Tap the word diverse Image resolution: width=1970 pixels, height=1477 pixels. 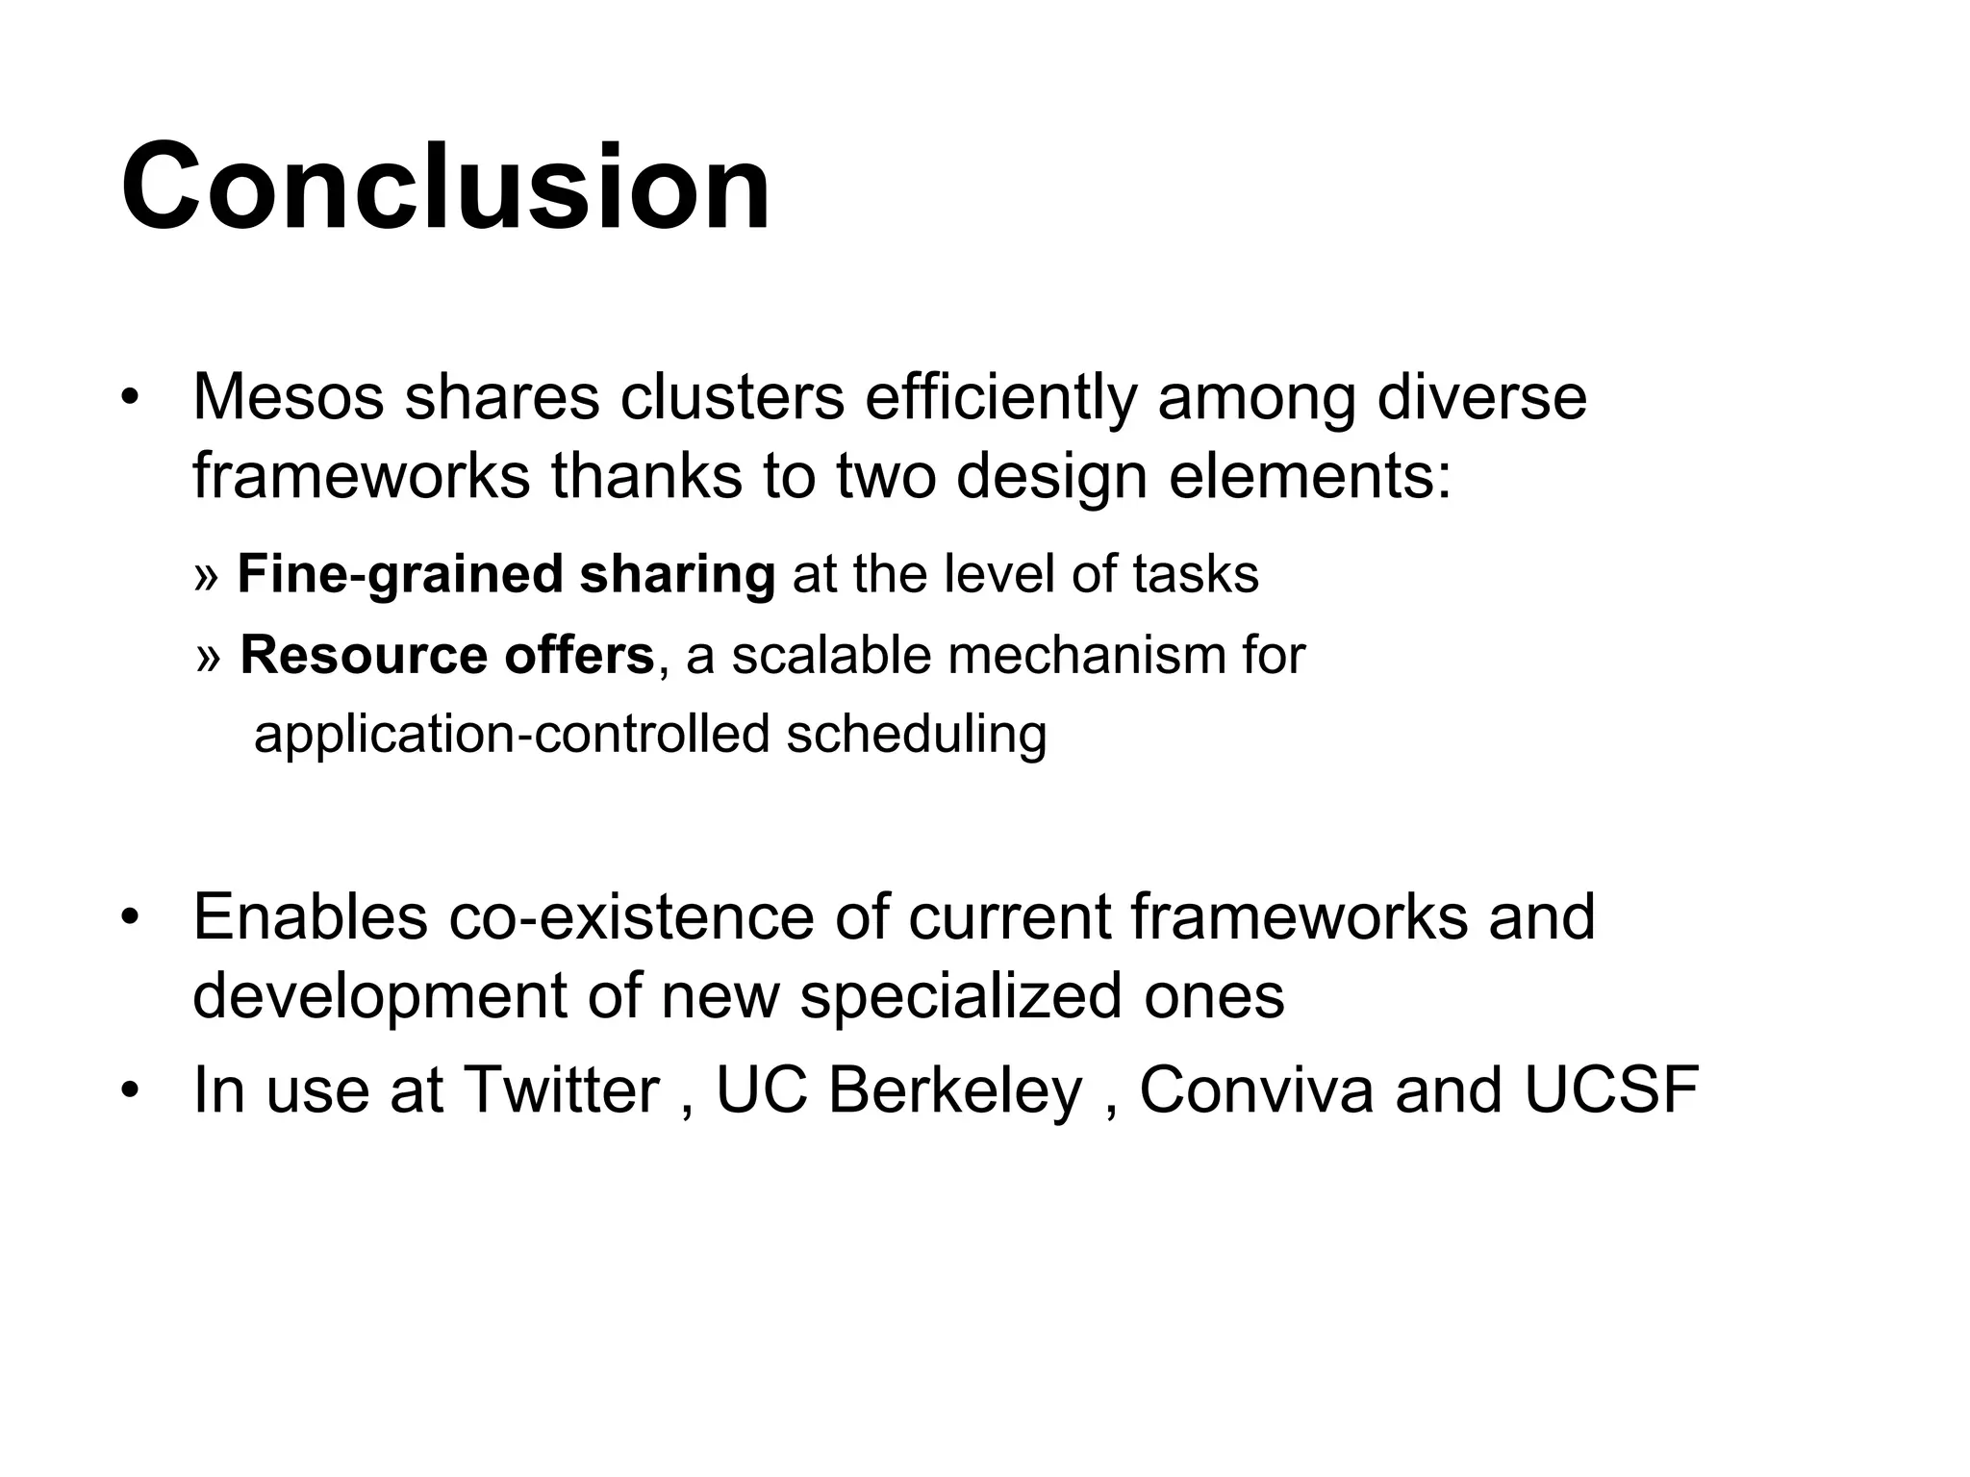[1481, 396]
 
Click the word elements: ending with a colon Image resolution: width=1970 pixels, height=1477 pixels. [1309, 476]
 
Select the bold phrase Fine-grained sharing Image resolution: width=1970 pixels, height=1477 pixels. [506, 574]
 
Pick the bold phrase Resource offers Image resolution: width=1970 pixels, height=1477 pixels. [447, 656]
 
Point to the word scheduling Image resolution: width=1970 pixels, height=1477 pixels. [916, 735]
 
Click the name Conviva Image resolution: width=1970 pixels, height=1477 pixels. [1255, 1090]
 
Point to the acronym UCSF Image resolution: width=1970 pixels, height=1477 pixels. [1611, 1090]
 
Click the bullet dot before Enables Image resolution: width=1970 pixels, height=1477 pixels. [131, 917]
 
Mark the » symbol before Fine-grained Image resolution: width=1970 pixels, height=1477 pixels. [206, 577]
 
